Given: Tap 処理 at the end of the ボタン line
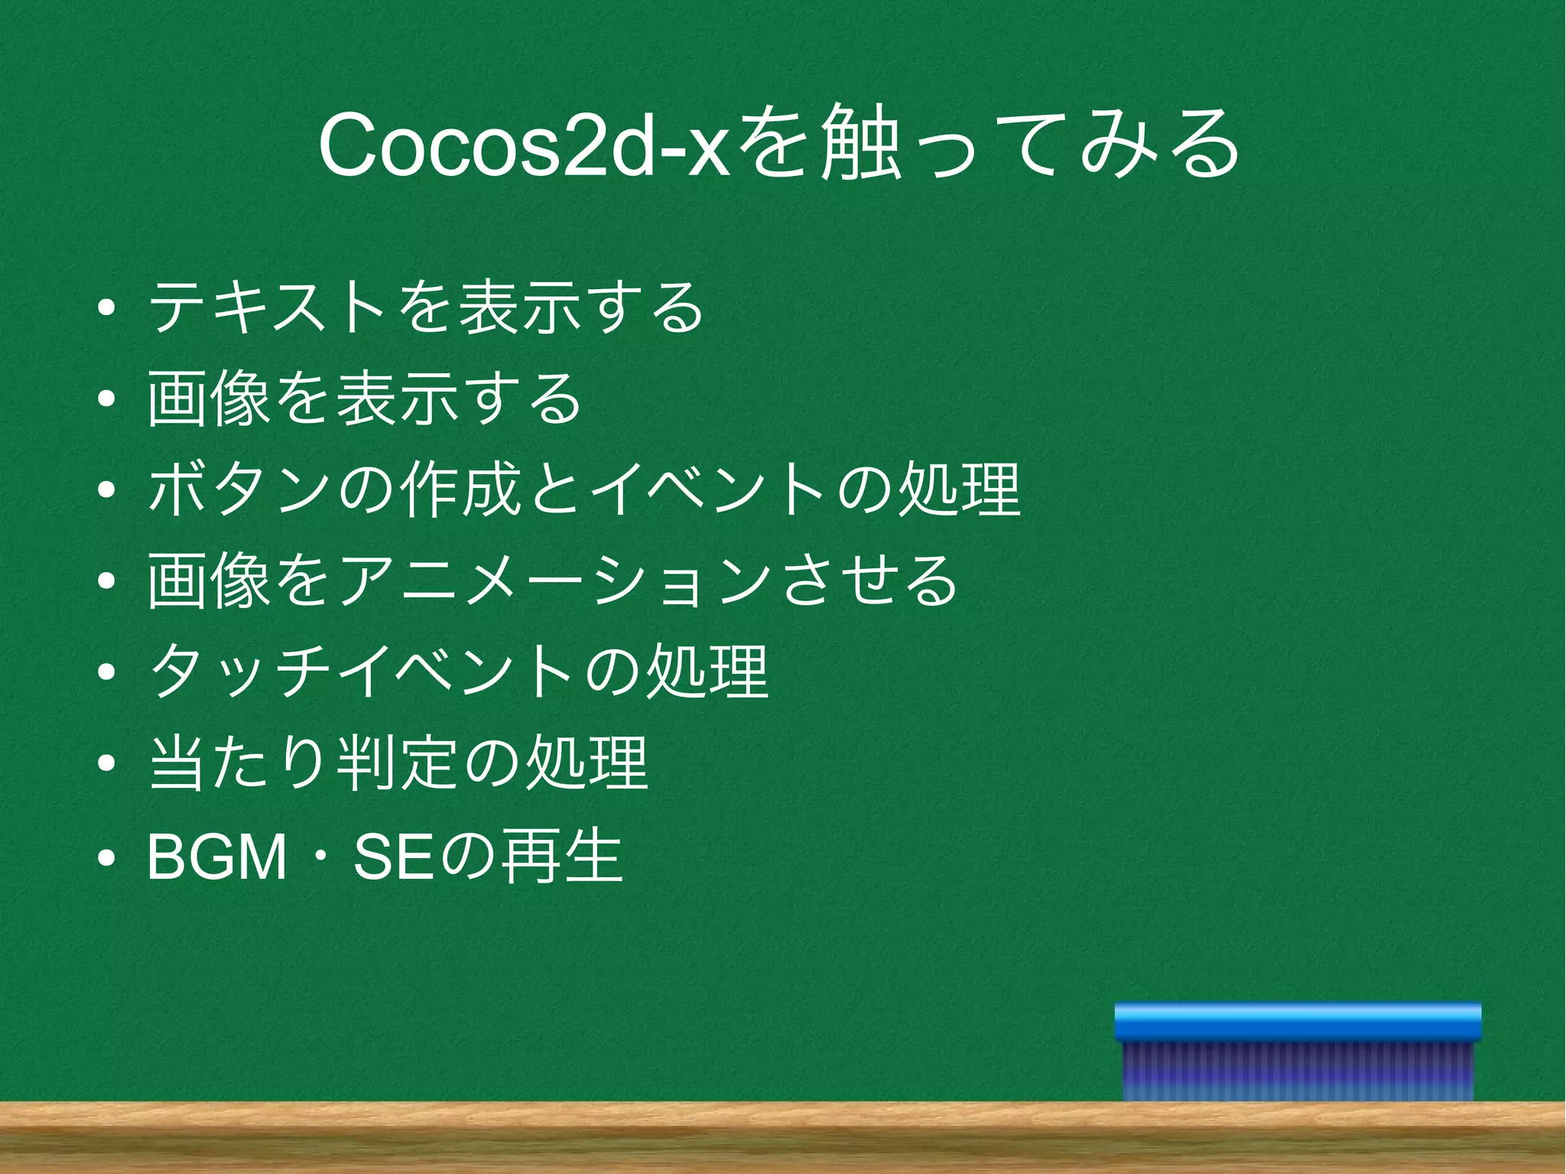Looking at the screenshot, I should [960, 489].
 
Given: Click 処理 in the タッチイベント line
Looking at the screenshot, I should [707, 672].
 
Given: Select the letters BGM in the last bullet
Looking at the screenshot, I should [217, 857].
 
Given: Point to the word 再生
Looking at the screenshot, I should [561, 856].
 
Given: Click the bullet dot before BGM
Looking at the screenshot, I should [107, 858].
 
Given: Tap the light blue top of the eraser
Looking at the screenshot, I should [1298, 1022].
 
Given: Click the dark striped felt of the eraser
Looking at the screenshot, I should [1298, 1071].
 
